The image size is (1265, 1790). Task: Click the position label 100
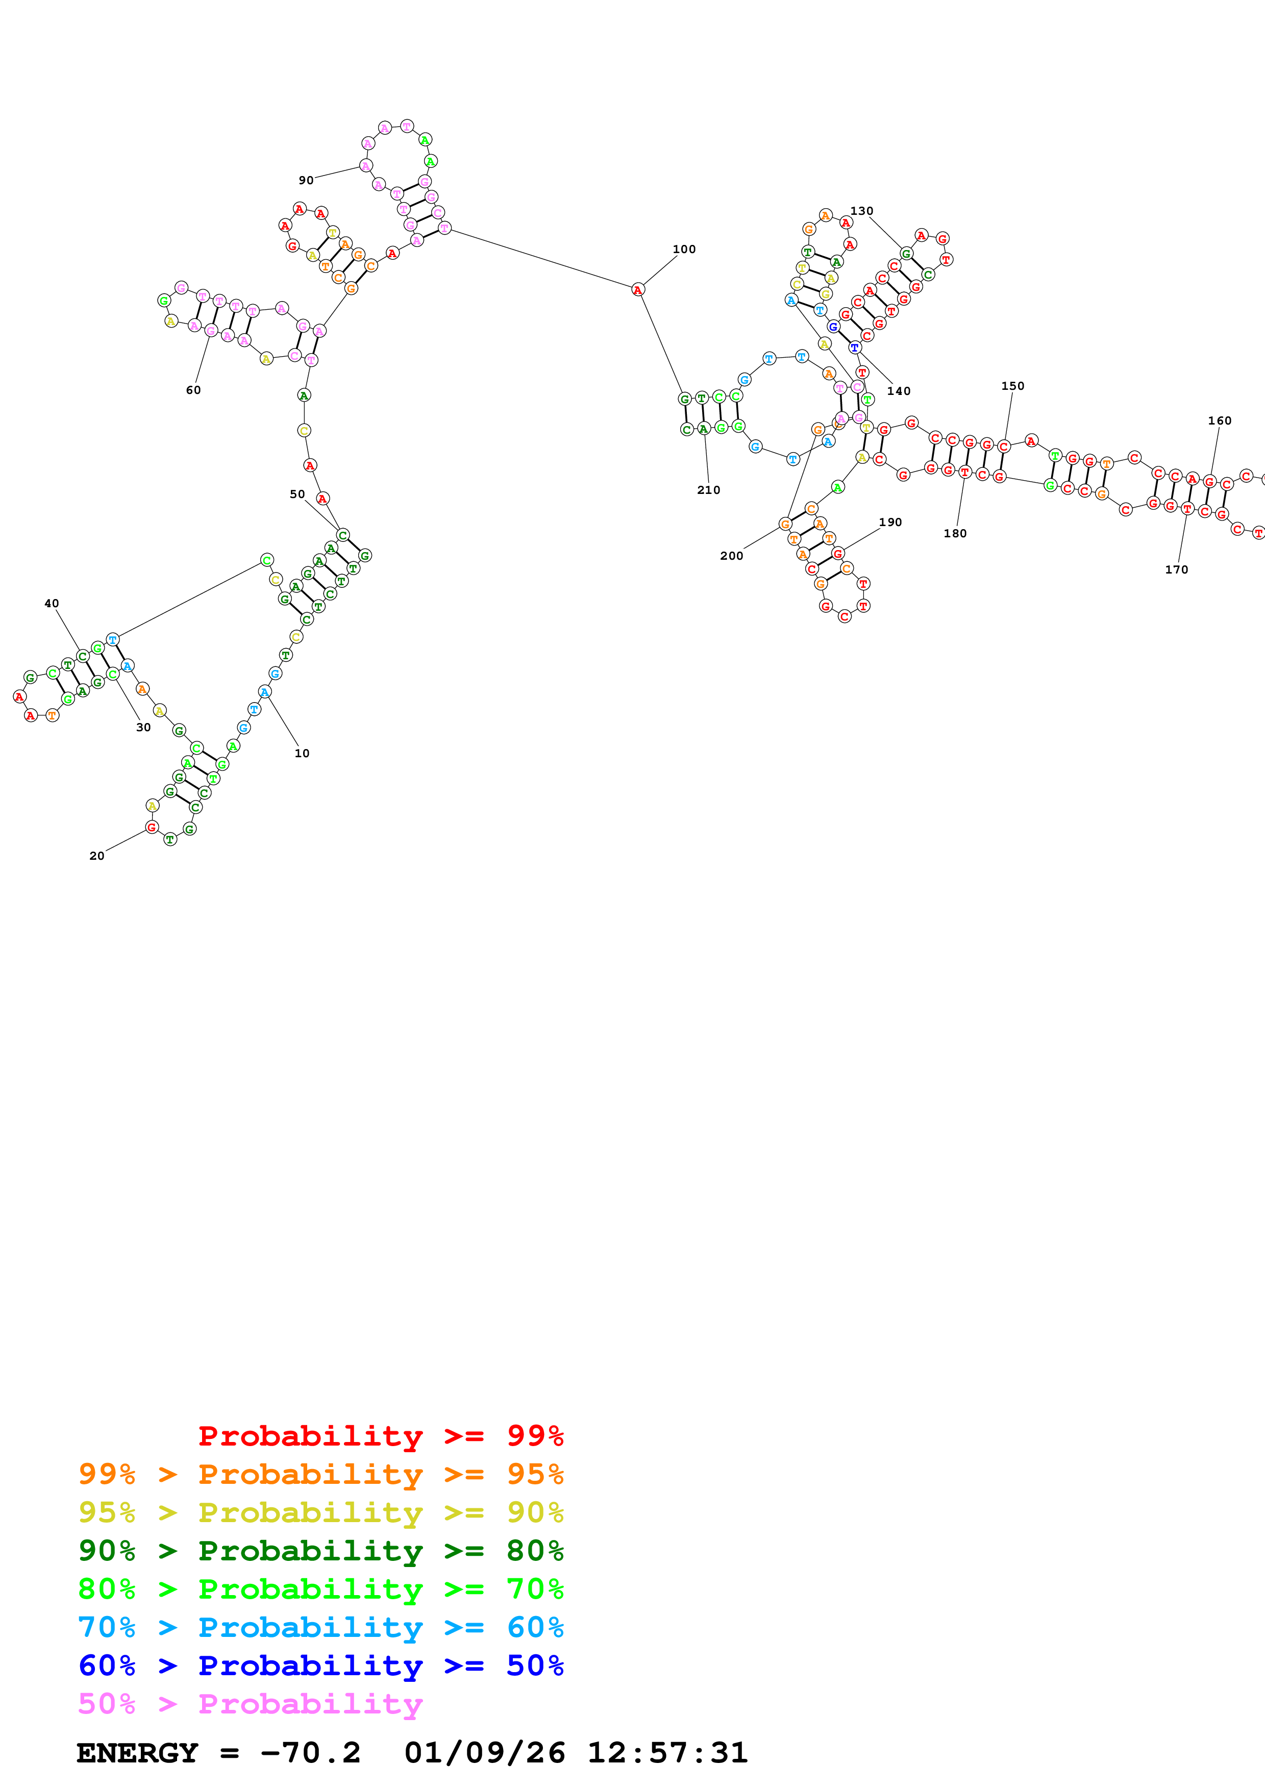point(684,250)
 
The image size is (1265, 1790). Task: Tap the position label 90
point(306,180)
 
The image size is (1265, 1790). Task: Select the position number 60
point(193,390)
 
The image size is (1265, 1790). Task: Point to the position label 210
point(708,490)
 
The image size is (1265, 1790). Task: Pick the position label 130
point(861,211)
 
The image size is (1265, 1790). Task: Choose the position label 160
point(1219,420)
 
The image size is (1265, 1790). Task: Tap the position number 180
point(955,533)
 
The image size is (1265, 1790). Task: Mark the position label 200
point(731,556)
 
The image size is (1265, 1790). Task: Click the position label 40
point(52,604)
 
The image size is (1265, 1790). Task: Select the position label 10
point(302,753)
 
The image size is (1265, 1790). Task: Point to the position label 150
point(1012,386)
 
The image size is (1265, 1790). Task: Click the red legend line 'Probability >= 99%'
point(380,1436)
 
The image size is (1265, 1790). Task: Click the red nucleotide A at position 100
point(637,290)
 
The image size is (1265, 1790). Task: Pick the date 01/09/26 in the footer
point(484,1753)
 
